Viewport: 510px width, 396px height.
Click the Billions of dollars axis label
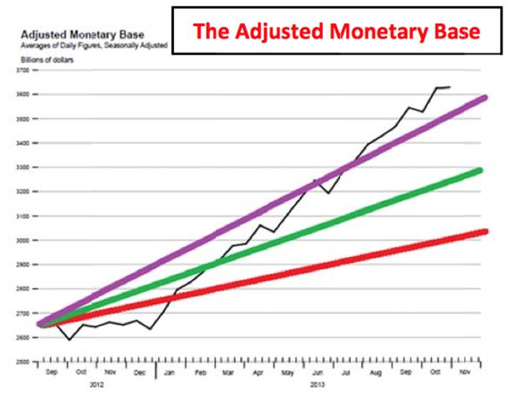[x=41, y=60]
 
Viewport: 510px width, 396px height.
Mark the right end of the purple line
[x=486, y=98]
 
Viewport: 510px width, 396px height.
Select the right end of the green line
[x=482, y=171]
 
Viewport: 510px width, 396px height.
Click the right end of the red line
[x=486, y=230]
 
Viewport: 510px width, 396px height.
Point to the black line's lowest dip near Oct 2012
[x=69, y=339]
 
